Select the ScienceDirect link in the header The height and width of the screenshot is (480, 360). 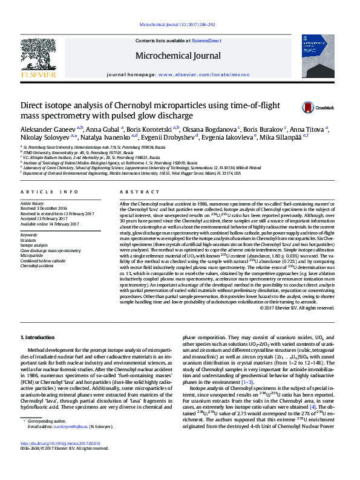coord(206,40)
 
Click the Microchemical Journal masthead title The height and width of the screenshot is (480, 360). coord(178,56)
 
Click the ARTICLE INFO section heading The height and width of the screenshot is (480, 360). coord(50,192)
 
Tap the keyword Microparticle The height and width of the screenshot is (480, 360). coord(33,256)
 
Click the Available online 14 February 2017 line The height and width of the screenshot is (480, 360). coord(50,224)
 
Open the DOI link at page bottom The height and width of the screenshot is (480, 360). coord(60,461)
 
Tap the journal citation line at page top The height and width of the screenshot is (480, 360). coord(180,25)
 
